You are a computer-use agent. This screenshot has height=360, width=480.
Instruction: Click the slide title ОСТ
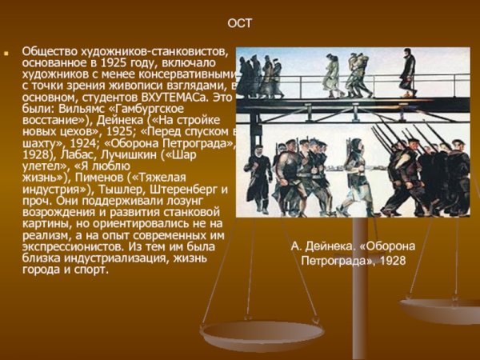click(239, 23)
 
